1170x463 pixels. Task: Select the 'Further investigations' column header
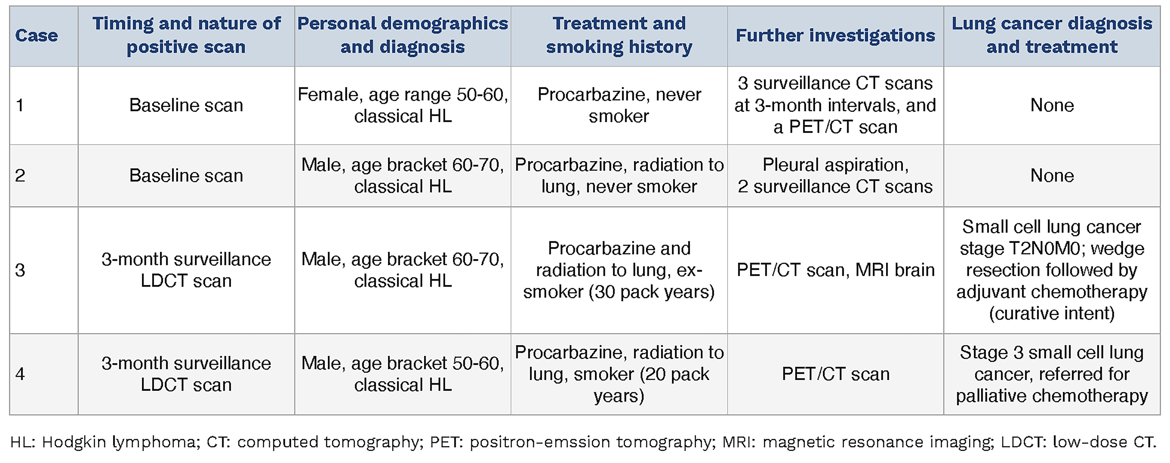(x=835, y=35)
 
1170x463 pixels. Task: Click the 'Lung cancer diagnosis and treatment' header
(x=1052, y=35)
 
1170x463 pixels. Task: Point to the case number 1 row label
(x=19, y=105)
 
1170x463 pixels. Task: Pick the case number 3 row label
(x=20, y=270)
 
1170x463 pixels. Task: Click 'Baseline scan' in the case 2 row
(x=186, y=176)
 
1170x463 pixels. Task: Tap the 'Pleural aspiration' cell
(x=835, y=176)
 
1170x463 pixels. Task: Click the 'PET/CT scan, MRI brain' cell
(x=835, y=270)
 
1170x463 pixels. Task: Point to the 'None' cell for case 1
(x=1052, y=105)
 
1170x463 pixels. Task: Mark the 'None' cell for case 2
(x=1052, y=176)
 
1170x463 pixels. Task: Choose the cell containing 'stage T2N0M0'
(x=1052, y=270)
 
